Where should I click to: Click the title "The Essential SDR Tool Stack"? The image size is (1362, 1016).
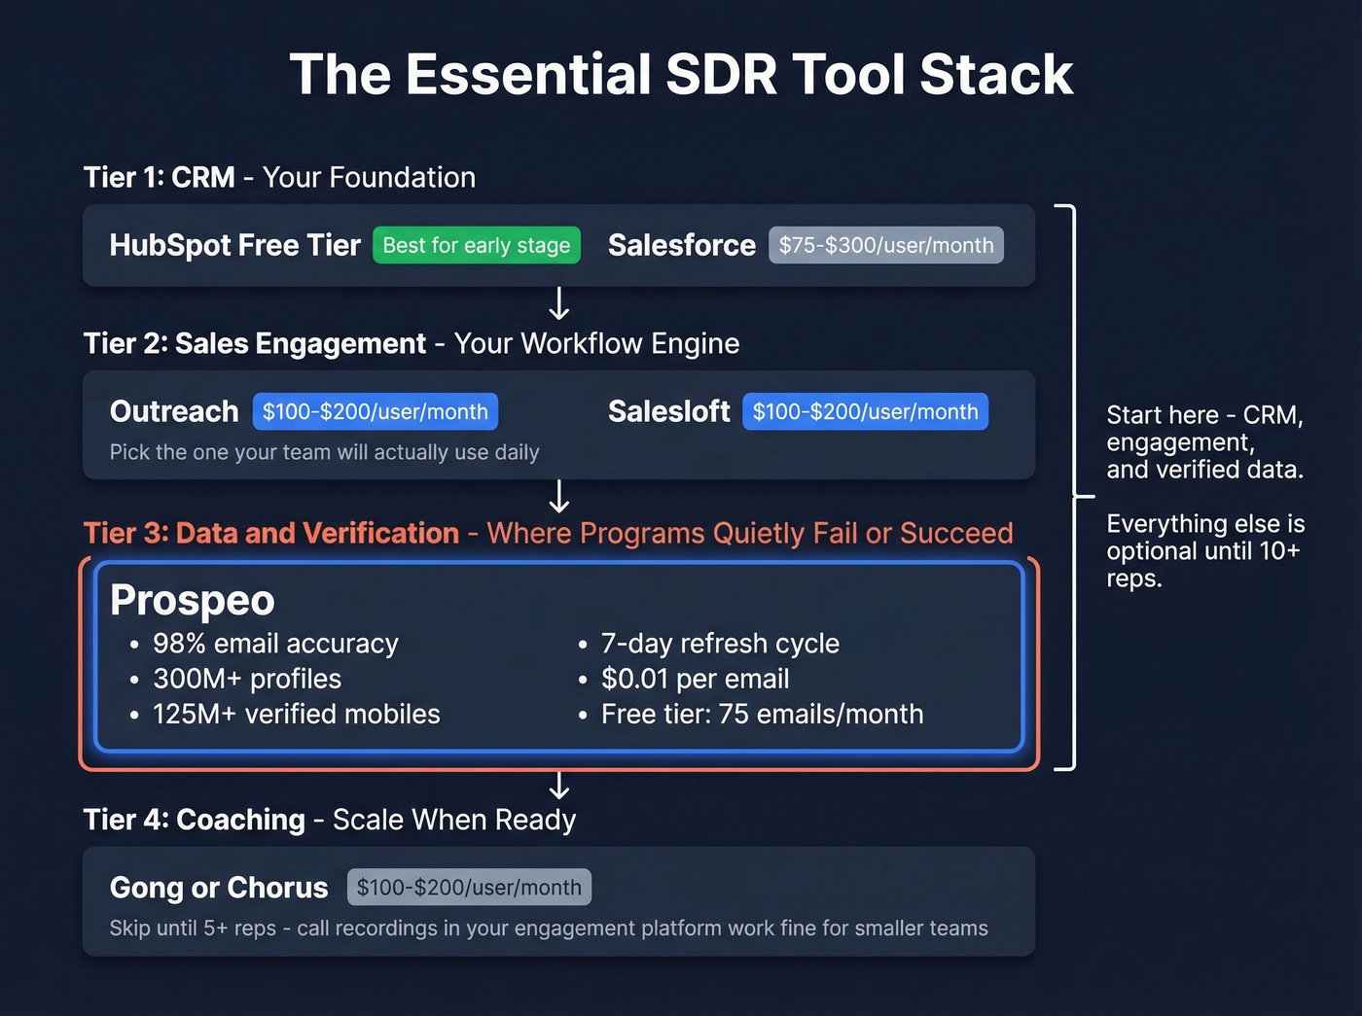[681, 75]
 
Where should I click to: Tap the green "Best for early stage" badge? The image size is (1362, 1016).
[477, 245]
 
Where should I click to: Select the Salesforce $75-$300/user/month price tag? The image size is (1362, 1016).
[885, 245]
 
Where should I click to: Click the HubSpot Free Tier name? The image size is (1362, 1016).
[234, 245]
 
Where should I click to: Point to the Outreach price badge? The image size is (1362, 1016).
[376, 411]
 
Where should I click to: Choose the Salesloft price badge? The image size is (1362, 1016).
[865, 411]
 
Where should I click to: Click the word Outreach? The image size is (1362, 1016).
[174, 411]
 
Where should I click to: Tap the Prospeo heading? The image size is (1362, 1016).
[193, 600]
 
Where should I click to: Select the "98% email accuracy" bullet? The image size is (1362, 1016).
[275, 644]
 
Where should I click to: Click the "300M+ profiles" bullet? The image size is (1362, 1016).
[247, 679]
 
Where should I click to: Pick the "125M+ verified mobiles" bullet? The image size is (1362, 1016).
[296, 714]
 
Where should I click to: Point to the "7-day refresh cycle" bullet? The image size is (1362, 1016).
[720, 644]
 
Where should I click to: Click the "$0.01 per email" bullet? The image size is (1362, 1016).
[695, 679]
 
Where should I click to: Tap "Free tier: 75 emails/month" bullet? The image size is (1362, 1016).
[762, 714]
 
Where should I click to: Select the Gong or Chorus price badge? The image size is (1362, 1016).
[469, 887]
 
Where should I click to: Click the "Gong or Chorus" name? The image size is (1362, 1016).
[219, 887]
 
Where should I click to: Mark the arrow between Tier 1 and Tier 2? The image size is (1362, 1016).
[559, 303]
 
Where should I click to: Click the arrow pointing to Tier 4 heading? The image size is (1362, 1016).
[559, 785]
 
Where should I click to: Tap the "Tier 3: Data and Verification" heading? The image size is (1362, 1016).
[271, 533]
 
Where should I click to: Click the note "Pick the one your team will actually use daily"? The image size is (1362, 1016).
[324, 452]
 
